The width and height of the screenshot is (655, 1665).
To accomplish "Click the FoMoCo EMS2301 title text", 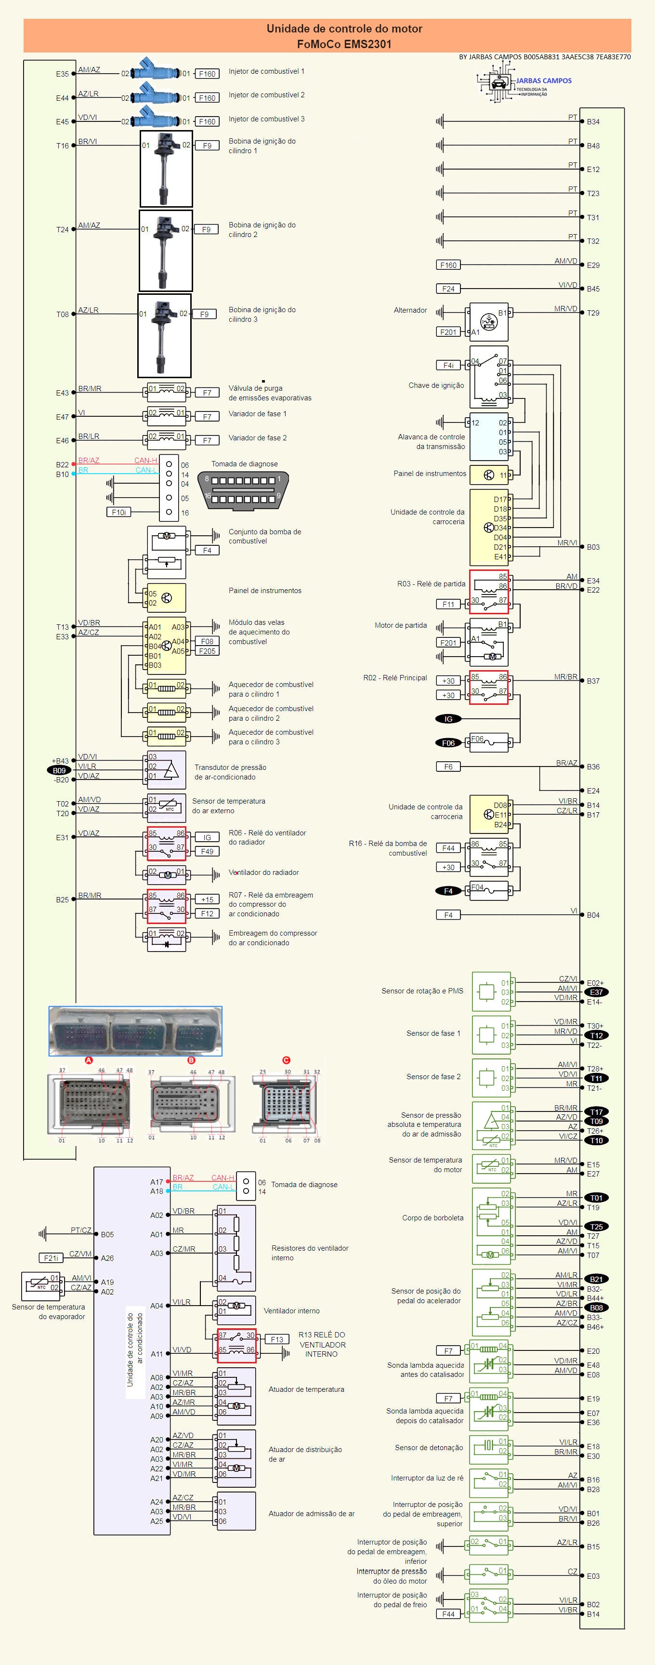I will click(344, 44).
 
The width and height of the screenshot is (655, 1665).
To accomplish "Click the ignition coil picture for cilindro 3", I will click(164, 335).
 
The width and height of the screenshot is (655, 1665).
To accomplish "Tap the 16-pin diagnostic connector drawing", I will click(242, 489).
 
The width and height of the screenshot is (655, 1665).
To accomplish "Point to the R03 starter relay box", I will click(489, 590).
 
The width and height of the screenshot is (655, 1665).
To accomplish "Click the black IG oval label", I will click(448, 719).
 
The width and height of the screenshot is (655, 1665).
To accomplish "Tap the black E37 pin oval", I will click(596, 992).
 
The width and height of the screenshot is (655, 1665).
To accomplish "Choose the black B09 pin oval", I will click(59, 770).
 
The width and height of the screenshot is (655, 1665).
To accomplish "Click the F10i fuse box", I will click(119, 512).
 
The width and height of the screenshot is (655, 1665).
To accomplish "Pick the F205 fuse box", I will click(208, 651).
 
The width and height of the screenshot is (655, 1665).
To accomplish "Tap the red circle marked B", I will click(191, 1060).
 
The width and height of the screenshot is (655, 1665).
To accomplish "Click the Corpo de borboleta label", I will click(433, 1218).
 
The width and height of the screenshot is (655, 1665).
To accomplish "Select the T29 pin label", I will click(593, 313).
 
